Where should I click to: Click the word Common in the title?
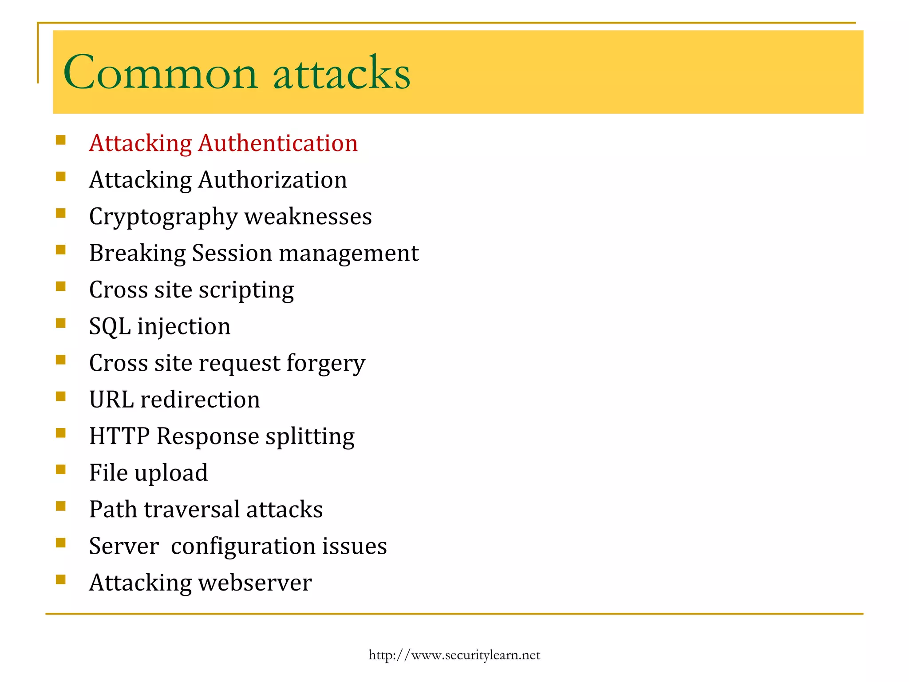click(x=160, y=72)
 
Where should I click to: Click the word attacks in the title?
click(x=342, y=72)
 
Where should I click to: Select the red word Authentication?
click(x=278, y=143)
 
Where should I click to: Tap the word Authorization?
click(x=273, y=180)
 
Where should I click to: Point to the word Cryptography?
click(x=163, y=217)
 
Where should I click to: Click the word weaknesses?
click(x=308, y=217)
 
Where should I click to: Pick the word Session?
click(x=232, y=254)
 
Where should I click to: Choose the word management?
click(x=349, y=254)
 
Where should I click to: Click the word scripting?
click(x=246, y=290)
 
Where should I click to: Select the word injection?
click(x=184, y=327)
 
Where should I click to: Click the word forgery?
click(x=326, y=364)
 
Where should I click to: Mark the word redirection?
click(x=200, y=400)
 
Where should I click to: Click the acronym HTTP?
click(x=119, y=436)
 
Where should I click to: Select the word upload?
click(x=171, y=473)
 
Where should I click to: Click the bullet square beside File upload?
click(x=61, y=469)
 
